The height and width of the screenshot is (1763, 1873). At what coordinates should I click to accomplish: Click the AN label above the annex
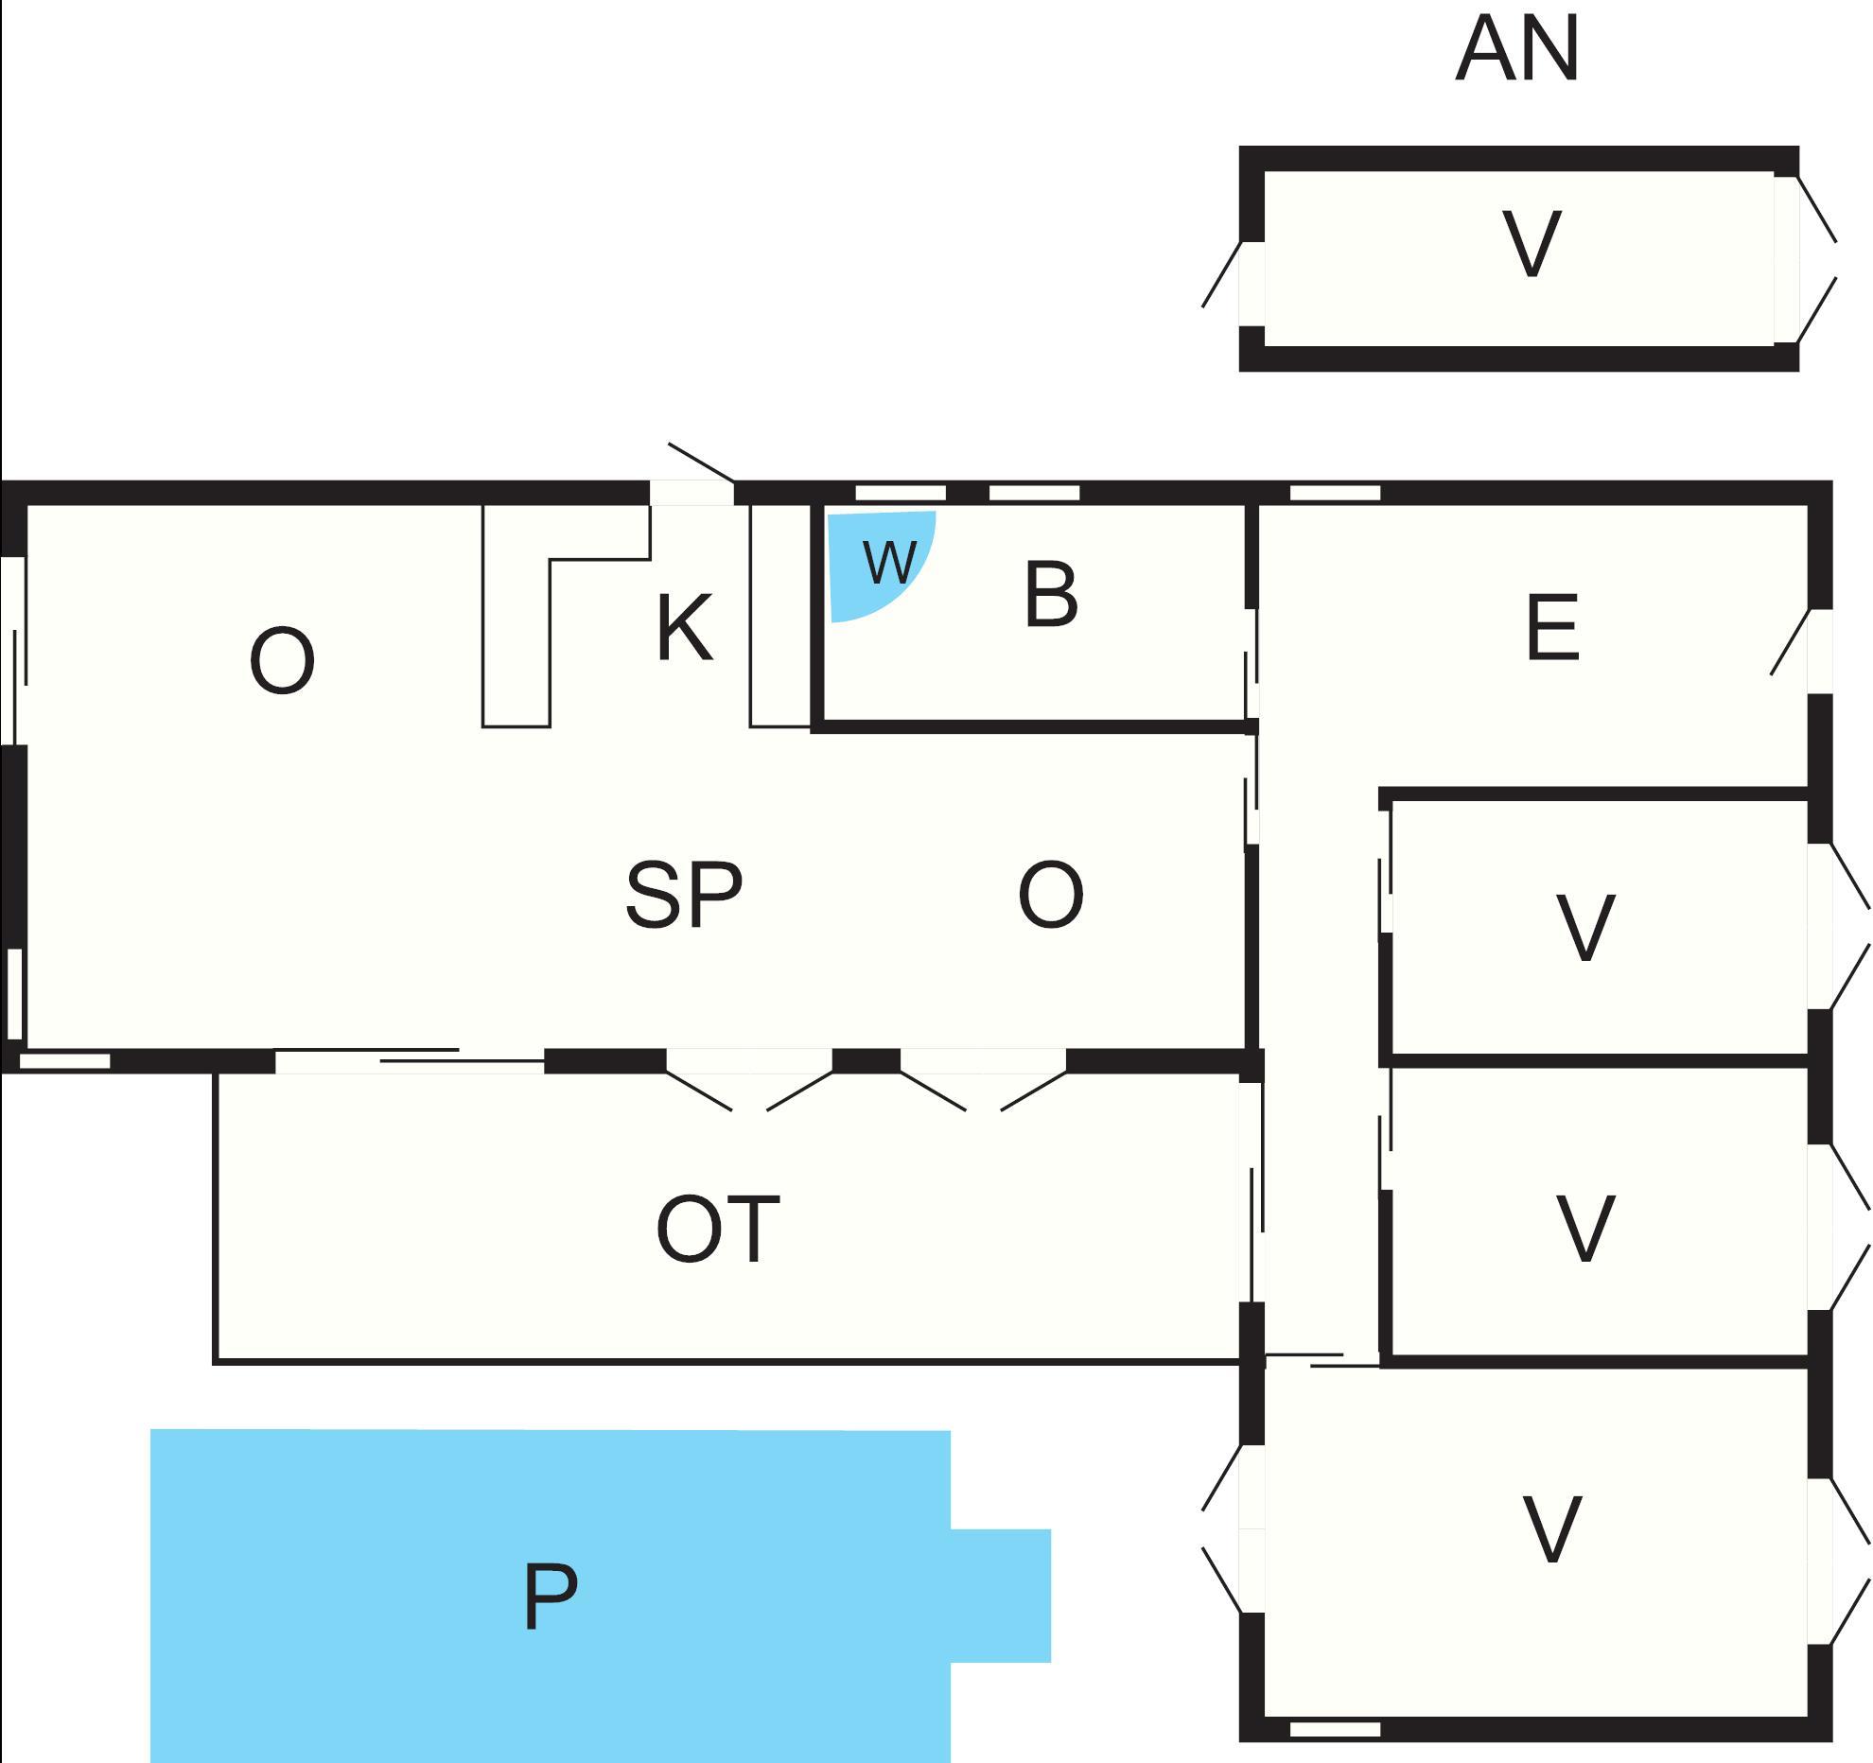1516,51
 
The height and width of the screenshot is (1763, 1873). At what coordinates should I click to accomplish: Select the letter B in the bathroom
1050,596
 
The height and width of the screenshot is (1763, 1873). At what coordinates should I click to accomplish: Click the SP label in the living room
683,896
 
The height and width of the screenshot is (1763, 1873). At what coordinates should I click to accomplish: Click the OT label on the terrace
717,1230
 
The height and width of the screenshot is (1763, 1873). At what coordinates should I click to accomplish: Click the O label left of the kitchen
282,662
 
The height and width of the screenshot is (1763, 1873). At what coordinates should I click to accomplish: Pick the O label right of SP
1050,896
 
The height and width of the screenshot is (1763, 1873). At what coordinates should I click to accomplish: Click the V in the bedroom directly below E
1584,928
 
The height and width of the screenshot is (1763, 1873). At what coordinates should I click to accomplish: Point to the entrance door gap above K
691,493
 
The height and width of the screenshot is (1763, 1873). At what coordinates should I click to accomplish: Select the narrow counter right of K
780,615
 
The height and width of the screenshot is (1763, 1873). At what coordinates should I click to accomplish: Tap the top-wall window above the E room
1335,493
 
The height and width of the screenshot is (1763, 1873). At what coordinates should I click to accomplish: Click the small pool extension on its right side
1001,1595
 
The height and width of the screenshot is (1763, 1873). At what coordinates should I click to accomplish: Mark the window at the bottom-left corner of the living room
64,1061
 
